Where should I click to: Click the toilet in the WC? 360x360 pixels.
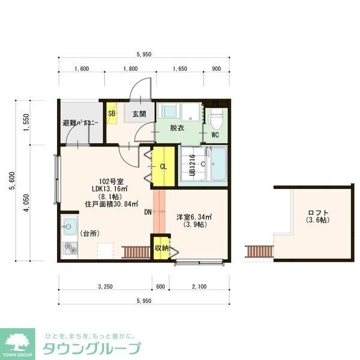[218, 119]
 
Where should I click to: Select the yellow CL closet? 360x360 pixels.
[163, 167]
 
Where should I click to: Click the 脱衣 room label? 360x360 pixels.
[176, 127]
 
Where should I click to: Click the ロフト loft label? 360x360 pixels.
[318, 213]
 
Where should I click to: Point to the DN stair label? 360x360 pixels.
[148, 212]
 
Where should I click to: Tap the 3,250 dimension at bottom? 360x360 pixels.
[105, 287]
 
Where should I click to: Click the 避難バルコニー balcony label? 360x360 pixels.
[80, 123]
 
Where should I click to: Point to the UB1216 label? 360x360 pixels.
[192, 165]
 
